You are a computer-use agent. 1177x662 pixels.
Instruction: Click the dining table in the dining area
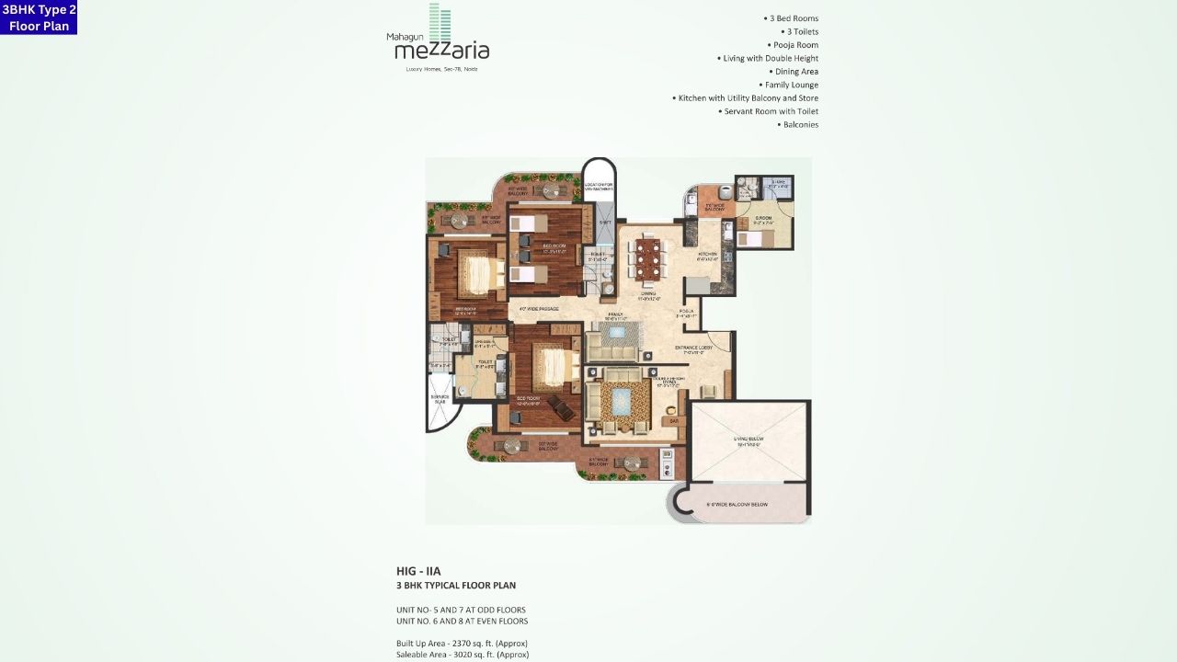(649, 258)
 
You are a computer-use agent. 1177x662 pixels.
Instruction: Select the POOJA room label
(686, 313)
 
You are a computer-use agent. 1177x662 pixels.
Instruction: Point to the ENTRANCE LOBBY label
(694, 348)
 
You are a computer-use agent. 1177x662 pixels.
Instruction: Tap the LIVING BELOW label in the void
(748, 441)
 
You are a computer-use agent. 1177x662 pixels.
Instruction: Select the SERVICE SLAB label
(440, 399)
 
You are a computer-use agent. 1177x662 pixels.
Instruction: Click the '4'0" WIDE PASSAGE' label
(539, 309)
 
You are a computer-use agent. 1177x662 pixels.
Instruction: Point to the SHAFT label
(605, 223)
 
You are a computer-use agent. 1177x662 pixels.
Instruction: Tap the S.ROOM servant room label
(763, 220)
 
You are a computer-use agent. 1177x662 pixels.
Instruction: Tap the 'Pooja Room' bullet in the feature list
(793, 45)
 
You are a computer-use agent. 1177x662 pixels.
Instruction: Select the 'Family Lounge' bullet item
(789, 85)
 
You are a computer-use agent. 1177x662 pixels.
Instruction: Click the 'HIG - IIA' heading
(418, 571)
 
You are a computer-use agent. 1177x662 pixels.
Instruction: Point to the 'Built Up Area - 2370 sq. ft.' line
(462, 643)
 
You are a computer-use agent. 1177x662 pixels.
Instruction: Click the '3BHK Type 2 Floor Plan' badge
(39, 17)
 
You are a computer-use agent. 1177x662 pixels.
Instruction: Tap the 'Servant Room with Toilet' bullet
(769, 111)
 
